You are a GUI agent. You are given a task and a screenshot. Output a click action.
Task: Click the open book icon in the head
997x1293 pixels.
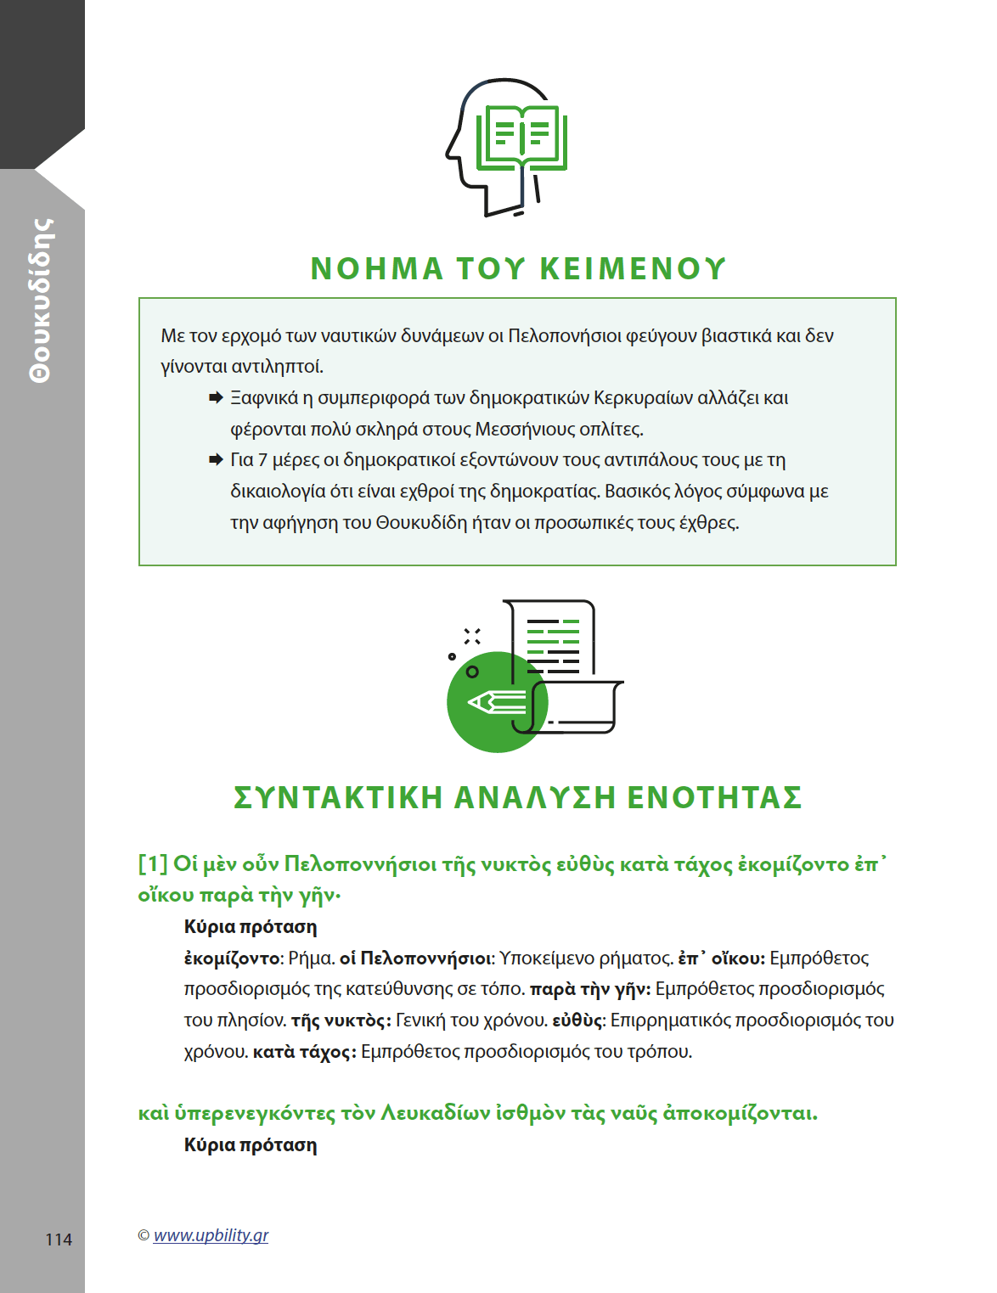coord(521,137)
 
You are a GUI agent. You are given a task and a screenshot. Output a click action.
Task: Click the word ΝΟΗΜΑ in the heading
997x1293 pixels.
coord(377,268)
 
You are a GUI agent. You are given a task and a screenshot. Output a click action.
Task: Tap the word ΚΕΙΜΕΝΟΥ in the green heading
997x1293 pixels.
coord(633,268)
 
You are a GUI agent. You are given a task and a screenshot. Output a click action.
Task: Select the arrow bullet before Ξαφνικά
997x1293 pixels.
coord(216,397)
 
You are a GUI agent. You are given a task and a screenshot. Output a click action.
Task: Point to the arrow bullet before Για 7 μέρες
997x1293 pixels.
coord(216,459)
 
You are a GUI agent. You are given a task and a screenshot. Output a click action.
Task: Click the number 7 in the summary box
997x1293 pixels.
coord(262,460)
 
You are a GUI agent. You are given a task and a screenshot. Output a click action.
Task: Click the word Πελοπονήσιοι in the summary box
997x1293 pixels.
coord(564,335)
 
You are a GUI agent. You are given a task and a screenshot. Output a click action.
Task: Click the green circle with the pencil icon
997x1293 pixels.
coord(496,702)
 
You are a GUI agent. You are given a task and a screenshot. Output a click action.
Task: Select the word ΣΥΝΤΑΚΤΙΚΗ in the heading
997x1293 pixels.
coord(338,797)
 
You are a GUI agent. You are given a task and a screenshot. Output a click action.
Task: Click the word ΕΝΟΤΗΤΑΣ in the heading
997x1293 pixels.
coord(714,797)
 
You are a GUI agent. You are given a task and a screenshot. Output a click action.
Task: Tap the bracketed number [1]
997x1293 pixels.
coord(153,864)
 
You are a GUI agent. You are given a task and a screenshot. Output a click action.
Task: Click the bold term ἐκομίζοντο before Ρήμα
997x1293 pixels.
coord(232,959)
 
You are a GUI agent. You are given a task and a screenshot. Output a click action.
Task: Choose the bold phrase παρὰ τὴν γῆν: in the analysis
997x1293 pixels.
coord(590,989)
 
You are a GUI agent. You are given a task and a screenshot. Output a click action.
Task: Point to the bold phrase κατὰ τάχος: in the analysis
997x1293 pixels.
coord(304,1052)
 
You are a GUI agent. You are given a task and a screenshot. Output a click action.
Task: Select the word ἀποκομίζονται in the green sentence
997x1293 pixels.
coord(740,1113)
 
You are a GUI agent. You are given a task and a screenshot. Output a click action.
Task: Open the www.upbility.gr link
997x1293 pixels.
coord(211,1235)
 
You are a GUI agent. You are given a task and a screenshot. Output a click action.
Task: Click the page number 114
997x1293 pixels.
coord(59,1240)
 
